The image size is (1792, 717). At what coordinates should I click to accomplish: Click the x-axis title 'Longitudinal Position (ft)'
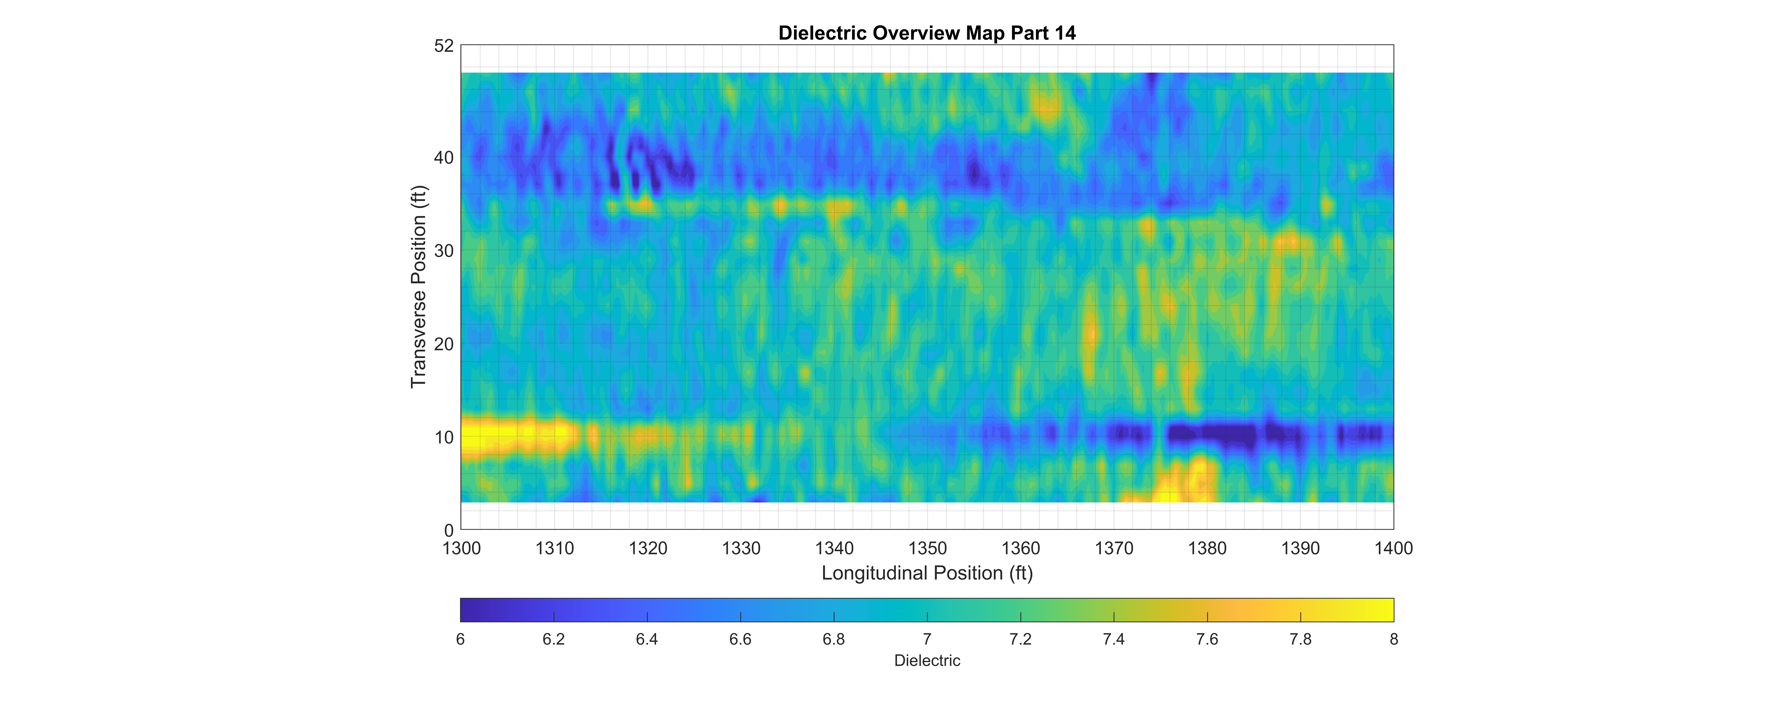pyautogui.click(x=927, y=573)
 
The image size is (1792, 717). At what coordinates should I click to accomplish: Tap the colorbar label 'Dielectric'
pyautogui.click(x=927, y=661)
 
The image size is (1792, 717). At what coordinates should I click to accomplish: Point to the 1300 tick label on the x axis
pyautogui.click(x=461, y=549)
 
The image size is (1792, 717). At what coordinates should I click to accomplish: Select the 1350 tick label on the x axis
pyautogui.click(x=927, y=549)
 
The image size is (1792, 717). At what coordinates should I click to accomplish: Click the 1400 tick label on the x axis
pyautogui.click(x=1393, y=549)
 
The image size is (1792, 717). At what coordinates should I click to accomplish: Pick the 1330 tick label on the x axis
pyautogui.click(x=741, y=549)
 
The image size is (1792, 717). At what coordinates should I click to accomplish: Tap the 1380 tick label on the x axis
pyautogui.click(x=1207, y=549)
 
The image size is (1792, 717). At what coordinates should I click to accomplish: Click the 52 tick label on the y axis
pyautogui.click(x=444, y=46)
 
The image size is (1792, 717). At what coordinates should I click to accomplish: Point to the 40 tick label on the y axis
pyautogui.click(x=444, y=158)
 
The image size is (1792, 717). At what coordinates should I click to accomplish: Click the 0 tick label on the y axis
pyautogui.click(x=449, y=530)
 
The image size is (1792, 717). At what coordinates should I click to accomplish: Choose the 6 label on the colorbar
pyautogui.click(x=461, y=639)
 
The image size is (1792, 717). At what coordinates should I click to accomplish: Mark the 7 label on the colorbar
pyautogui.click(x=927, y=639)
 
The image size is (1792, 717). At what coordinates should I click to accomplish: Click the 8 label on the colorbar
pyautogui.click(x=1393, y=639)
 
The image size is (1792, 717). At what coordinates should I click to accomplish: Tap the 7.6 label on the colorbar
pyautogui.click(x=1207, y=639)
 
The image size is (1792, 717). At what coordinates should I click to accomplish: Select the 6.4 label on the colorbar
pyautogui.click(x=647, y=639)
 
